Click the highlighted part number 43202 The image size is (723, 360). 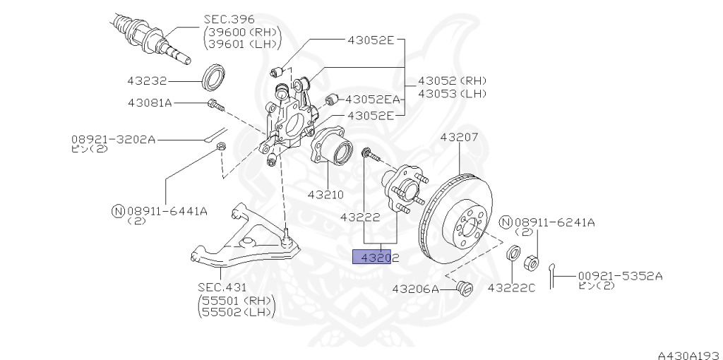click(379, 258)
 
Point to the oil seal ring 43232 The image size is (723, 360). click(213, 77)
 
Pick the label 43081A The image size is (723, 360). click(150, 103)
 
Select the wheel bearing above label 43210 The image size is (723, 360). click(333, 151)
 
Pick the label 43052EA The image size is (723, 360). click(371, 100)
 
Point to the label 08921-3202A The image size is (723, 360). click(113, 139)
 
